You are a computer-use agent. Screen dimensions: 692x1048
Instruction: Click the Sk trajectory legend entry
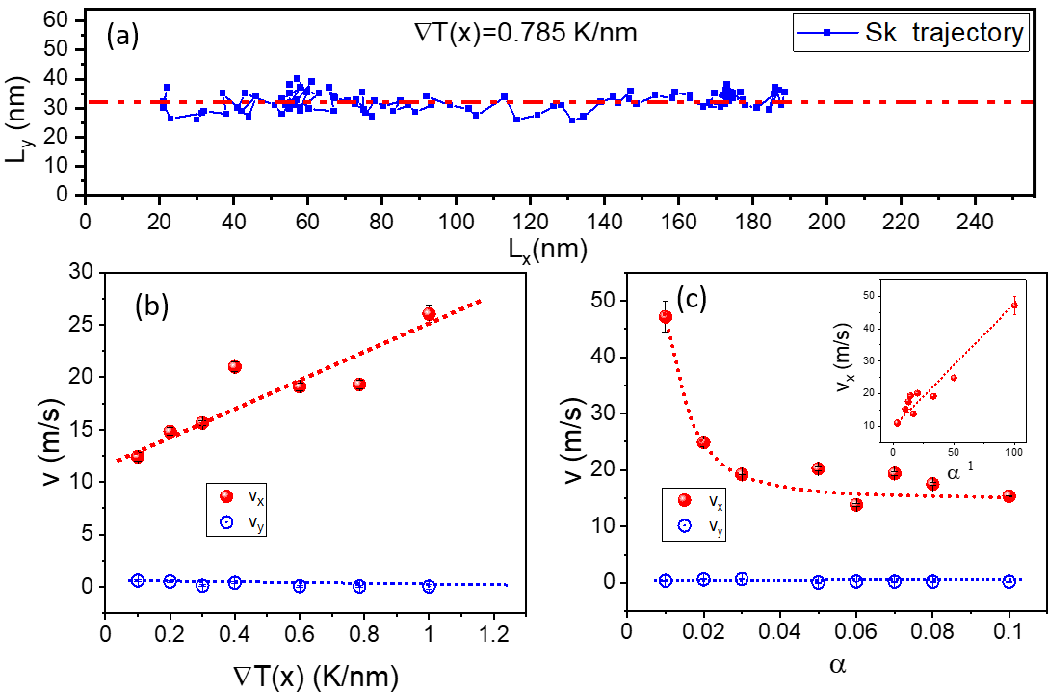click(909, 34)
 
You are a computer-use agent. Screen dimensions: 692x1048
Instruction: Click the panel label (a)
click(123, 37)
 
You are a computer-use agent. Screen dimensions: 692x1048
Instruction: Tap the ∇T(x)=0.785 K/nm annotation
click(519, 33)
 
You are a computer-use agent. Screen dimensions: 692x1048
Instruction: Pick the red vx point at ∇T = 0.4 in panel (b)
click(234, 366)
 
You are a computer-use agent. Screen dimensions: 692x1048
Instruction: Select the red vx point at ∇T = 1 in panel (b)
click(429, 314)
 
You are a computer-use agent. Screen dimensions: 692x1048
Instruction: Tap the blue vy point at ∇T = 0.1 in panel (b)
click(138, 580)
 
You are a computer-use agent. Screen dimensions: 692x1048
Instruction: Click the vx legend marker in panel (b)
click(225, 496)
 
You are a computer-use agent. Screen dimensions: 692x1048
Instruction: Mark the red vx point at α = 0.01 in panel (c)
click(665, 317)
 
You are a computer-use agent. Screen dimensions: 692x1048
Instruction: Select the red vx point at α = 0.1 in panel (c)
click(1009, 495)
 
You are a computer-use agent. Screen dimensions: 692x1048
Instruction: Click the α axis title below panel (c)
click(836, 666)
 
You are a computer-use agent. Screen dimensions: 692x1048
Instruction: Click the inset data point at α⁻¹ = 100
click(1014, 306)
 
